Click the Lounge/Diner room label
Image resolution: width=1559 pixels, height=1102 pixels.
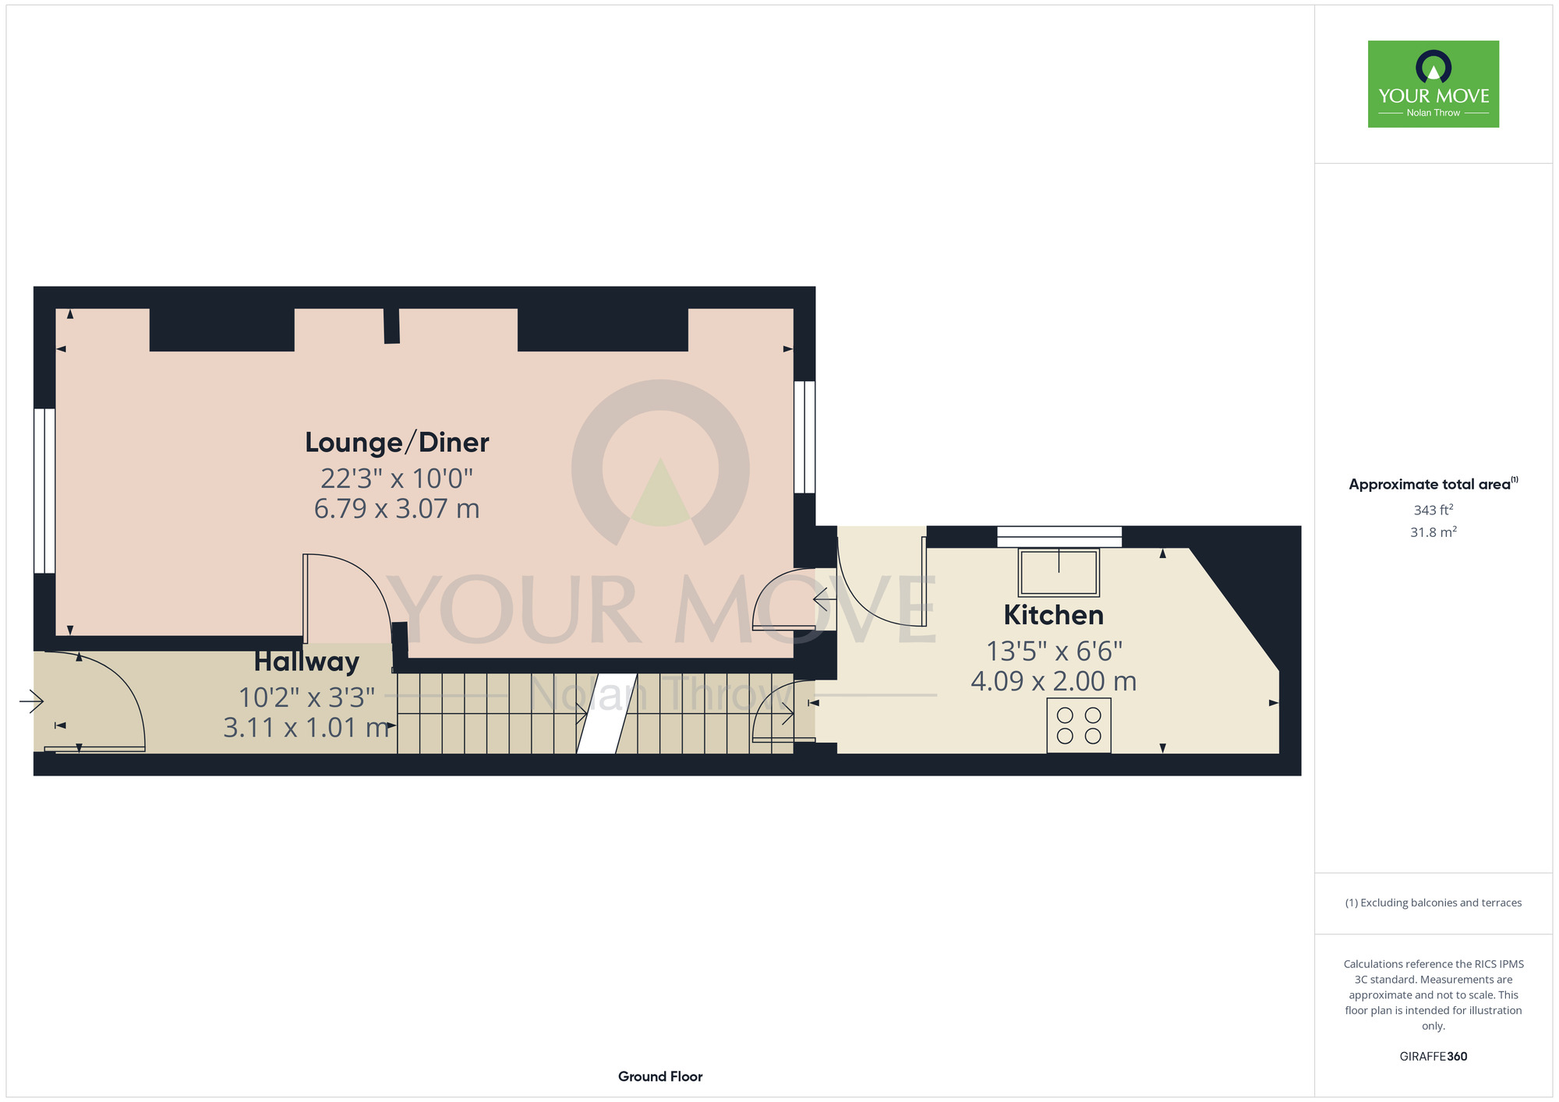click(x=397, y=443)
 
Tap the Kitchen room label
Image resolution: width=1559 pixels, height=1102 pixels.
click(x=1054, y=615)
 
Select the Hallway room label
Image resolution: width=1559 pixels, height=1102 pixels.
click(x=306, y=662)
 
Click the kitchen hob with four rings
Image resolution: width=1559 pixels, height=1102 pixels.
click(x=1079, y=726)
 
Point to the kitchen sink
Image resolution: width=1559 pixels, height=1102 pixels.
click(x=1059, y=572)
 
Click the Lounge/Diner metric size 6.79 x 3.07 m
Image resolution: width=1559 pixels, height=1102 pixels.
click(x=397, y=508)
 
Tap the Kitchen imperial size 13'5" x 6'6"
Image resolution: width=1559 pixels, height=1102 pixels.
click(x=1054, y=650)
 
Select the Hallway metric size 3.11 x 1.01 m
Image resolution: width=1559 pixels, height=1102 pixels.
click(x=306, y=727)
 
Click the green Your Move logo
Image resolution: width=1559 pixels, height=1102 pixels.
click(x=1434, y=84)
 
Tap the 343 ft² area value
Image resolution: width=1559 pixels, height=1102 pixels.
click(x=1434, y=510)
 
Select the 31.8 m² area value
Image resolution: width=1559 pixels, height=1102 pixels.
click(x=1434, y=532)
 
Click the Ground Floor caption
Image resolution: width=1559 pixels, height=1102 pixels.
click(x=660, y=1076)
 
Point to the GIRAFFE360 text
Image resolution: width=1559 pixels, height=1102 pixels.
click(x=1434, y=1057)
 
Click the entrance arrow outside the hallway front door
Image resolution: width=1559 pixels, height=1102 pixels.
click(x=31, y=701)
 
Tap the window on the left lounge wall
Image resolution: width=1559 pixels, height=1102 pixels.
click(x=44, y=491)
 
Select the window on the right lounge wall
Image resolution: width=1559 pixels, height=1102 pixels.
click(x=804, y=437)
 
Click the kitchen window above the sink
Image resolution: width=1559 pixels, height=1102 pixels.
click(x=1059, y=537)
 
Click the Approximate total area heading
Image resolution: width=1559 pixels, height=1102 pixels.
click(x=1434, y=484)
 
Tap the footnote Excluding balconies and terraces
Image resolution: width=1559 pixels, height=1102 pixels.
click(x=1434, y=902)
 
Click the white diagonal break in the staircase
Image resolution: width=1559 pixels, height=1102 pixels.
click(x=606, y=713)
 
